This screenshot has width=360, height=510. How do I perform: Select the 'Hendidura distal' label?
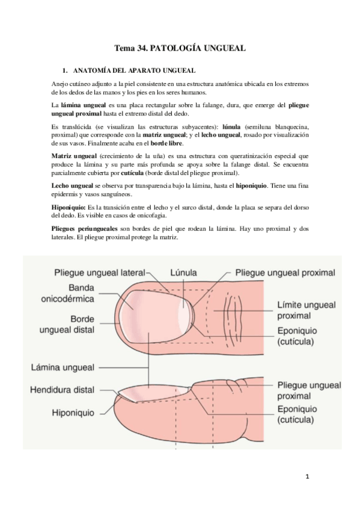(x=62, y=390)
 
